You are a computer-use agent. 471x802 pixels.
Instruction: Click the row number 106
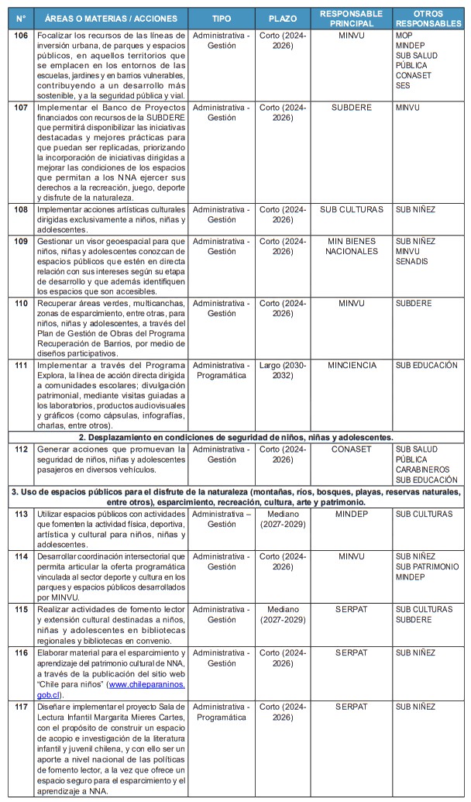pos(22,36)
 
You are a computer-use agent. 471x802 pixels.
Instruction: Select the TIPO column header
pos(221,18)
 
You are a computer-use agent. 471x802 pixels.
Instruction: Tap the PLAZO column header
pos(282,18)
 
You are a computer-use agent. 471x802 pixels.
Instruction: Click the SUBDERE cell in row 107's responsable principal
pos(351,108)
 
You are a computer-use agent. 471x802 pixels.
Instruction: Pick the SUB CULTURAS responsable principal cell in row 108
pos(351,209)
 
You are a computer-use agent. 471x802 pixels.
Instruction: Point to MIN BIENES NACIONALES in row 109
pos(351,246)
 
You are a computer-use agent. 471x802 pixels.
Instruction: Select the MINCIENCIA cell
pos(351,365)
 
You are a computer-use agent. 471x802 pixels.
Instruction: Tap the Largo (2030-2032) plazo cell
pos(282,370)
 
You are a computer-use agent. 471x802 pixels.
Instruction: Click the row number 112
pos(22,449)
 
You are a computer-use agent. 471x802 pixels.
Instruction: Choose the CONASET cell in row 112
pos(351,449)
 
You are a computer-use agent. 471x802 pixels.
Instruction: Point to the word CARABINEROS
pos(422,469)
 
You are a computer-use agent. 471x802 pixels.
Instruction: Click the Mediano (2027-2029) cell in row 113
pos(282,519)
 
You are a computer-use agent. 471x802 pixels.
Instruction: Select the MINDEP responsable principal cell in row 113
pos(351,514)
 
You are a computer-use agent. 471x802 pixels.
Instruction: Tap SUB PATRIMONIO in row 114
pos(427,566)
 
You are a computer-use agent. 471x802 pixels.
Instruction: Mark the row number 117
pos(22,707)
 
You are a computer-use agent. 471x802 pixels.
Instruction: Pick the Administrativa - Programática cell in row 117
pos(221,712)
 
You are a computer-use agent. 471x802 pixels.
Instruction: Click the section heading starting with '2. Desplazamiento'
pos(235,437)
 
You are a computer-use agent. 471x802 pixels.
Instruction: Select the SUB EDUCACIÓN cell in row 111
pos(428,365)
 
